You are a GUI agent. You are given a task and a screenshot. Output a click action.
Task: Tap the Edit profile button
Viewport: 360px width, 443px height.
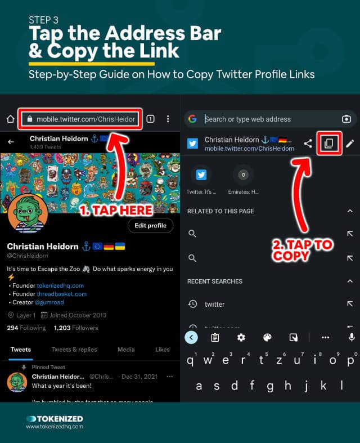[x=150, y=226]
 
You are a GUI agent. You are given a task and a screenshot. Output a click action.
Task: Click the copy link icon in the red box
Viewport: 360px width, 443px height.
[x=328, y=144]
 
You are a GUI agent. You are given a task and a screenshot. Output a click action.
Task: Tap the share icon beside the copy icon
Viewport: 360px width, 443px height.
[x=308, y=144]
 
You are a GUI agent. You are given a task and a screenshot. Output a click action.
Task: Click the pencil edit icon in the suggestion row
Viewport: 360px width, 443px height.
[x=350, y=144]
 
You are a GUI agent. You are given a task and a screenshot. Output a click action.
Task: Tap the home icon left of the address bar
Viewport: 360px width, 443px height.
[x=10, y=119]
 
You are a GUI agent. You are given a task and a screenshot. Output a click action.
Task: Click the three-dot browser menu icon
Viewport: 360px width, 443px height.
[x=168, y=119]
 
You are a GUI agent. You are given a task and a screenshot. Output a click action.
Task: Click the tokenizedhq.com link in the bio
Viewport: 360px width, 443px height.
[x=61, y=285]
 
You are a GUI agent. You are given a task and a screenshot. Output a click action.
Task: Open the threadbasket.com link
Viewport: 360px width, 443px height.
[x=62, y=294]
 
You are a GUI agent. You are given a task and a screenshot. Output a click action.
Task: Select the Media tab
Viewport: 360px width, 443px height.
[x=126, y=350]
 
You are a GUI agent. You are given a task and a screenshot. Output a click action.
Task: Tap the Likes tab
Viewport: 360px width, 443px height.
[x=163, y=350]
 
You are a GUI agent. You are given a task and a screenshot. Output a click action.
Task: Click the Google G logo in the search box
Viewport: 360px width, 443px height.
[x=192, y=119]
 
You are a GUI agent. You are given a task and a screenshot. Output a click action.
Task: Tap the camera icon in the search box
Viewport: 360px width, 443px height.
[x=346, y=119]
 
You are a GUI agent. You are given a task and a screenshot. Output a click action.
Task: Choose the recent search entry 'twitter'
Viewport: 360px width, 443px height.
[x=214, y=304]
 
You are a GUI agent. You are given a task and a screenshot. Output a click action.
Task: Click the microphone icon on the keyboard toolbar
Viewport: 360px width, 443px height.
[x=352, y=337]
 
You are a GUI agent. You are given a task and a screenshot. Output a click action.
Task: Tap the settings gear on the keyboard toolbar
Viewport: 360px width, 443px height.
[x=241, y=337]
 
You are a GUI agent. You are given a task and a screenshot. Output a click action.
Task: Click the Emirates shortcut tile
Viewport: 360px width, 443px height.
[x=244, y=180]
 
